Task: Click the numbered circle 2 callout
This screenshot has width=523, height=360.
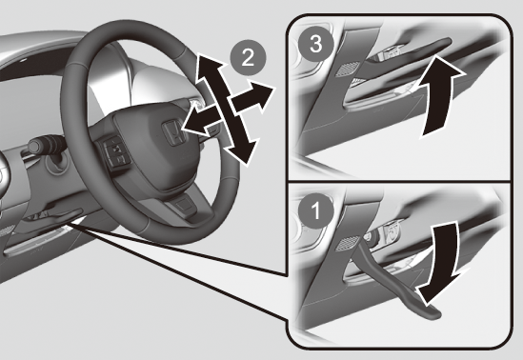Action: click(248, 58)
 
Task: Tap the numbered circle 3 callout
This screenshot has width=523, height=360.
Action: click(315, 44)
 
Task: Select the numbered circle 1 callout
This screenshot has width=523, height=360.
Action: click(315, 210)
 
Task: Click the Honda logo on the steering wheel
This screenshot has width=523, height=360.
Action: click(172, 132)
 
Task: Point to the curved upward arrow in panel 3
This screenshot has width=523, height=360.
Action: click(438, 96)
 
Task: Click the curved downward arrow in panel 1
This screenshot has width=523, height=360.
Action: click(442, 263)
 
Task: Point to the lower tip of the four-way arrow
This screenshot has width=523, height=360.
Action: click(248, 165)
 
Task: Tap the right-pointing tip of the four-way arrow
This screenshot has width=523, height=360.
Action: click(275, 88)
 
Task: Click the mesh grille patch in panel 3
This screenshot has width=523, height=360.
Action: click(348, 69)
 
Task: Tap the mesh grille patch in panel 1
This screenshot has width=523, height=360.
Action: click(347, 244)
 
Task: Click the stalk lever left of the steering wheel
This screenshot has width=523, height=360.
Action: click(45, 145)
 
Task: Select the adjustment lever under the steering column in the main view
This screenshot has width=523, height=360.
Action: click(65, 216)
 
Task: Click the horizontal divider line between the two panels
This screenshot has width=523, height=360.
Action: click(399, 182)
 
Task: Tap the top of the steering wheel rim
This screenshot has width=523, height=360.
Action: click(133, 25)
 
